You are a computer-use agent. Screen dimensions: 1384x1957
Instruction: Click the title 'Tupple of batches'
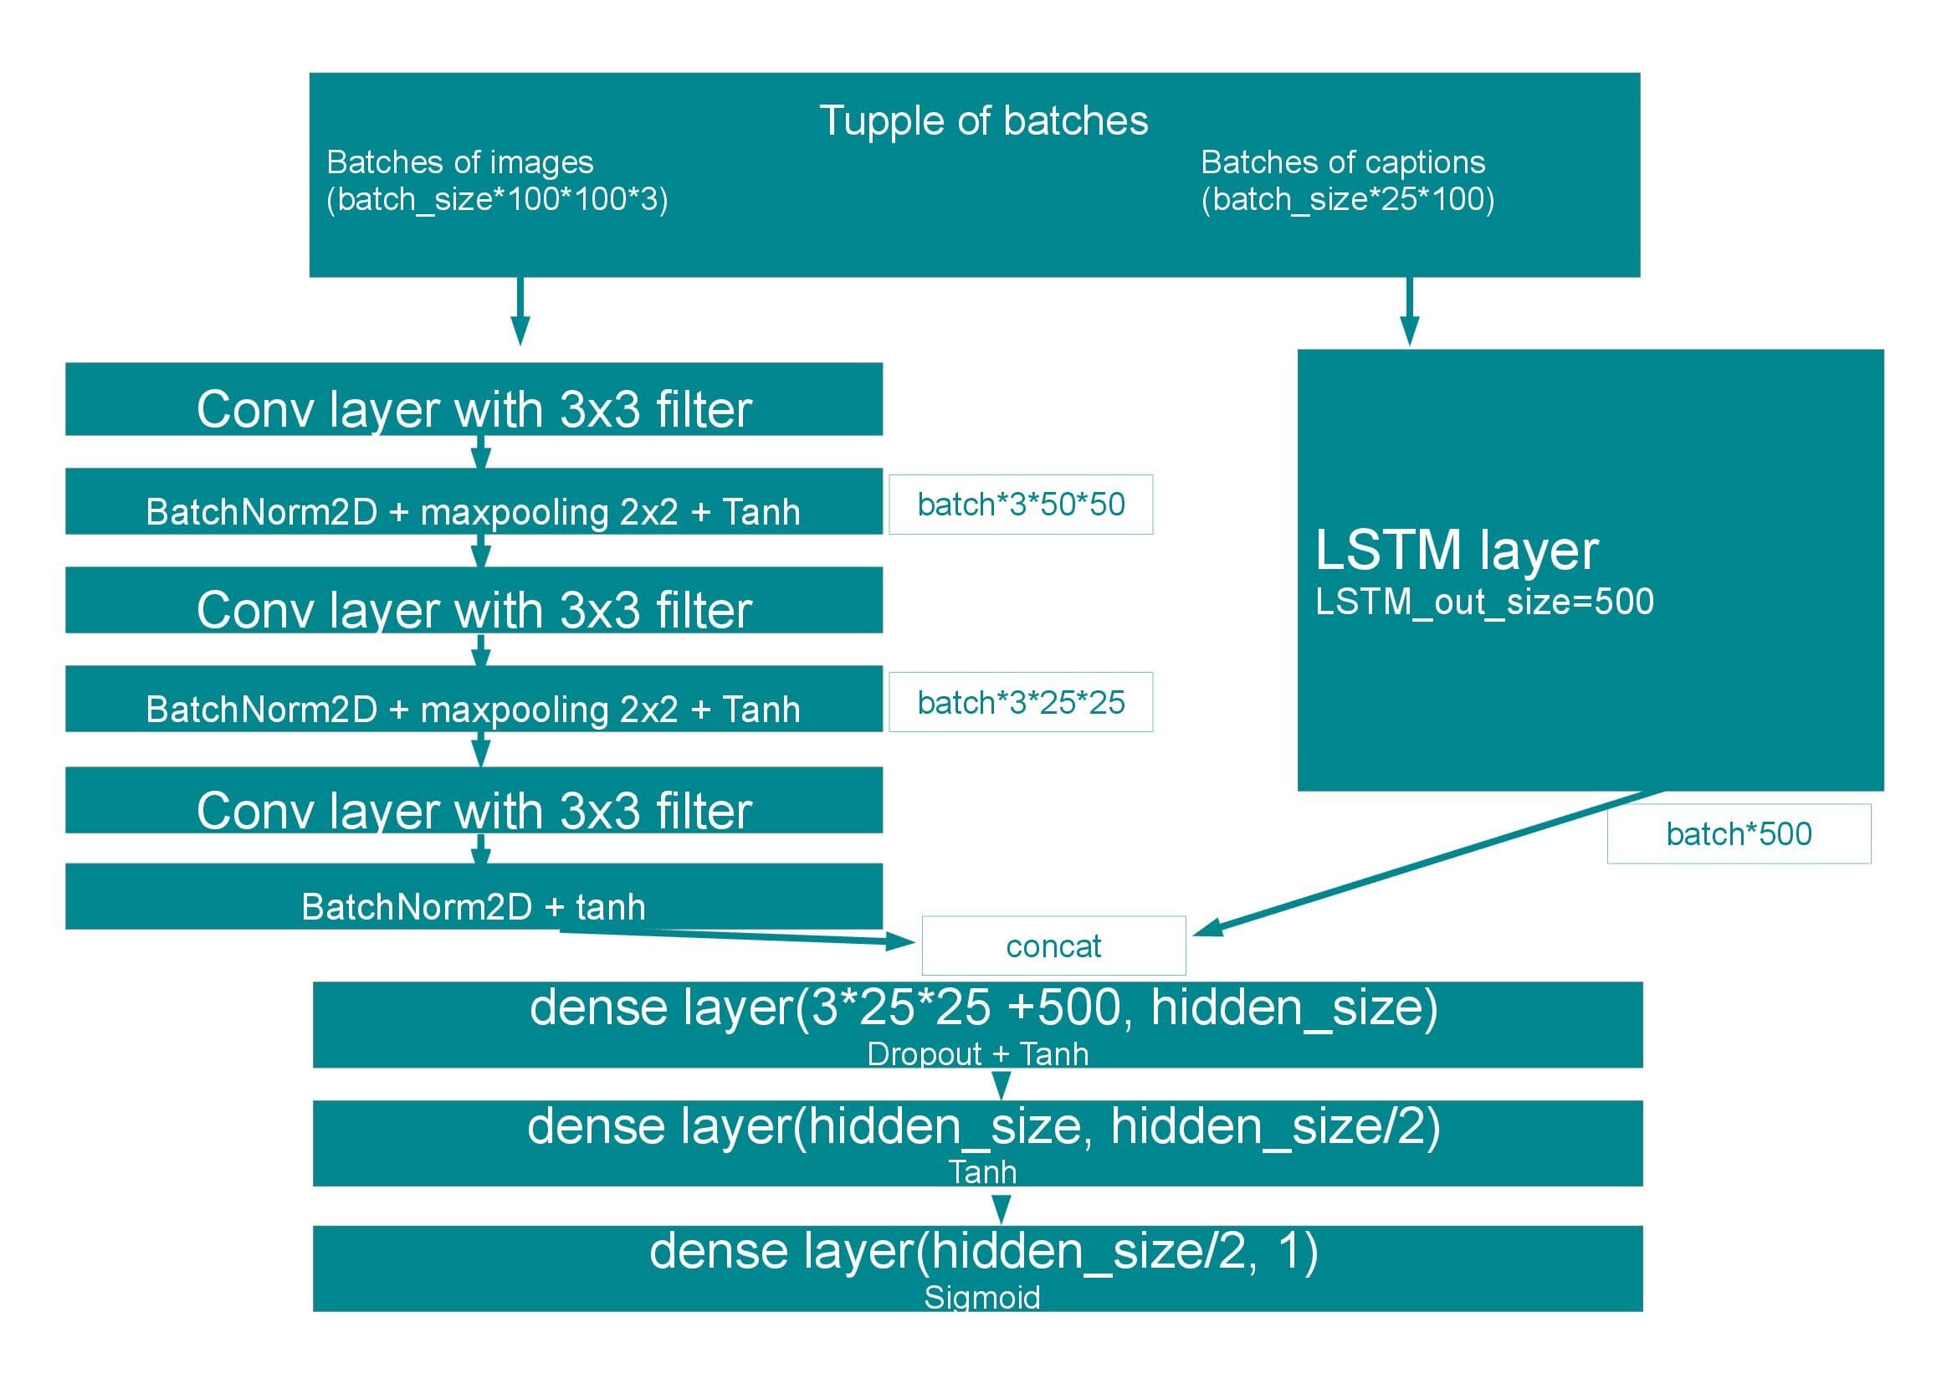pyautogui.click(x=983, y=121)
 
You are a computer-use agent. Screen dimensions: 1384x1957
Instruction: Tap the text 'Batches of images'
pyautogui.click(x=459, y=162)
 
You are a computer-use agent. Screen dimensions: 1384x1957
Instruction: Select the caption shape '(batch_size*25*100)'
pyautogui.click(x=1347, y=199)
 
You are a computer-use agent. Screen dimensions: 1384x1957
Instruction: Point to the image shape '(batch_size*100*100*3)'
pyautogui.click(x=497, y=199)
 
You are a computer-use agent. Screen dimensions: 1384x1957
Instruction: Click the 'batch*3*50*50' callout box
pyautogui.click(x=1020, y=505)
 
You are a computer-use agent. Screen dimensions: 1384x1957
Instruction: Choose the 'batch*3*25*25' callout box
pyautogui.click(x=1020, y=702)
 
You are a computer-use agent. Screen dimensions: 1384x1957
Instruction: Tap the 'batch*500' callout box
pyautogui.click(x=1738, y=833)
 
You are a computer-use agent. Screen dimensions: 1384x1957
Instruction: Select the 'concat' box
pyautogui.click(x=1053, y=946)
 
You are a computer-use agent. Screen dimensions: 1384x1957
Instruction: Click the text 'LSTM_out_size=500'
pyautogui.click(x=1484, y=602)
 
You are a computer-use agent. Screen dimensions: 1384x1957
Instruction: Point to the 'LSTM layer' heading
pyautogui.click(x=1456, y=550)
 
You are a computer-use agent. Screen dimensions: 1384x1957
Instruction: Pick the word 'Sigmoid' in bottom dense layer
pyautogui.click(x=981, y=1297)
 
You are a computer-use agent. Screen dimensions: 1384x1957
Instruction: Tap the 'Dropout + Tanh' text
pyautogui.click(x=976, y=1054)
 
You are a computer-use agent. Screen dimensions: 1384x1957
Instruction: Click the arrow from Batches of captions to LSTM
pyautogui.click(x=1409, y=311)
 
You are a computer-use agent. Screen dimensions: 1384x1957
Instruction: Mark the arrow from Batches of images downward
pyautogui.click(x=520, y=311)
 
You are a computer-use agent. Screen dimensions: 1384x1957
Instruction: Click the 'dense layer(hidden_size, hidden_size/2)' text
pyautogui.click(x=983, y=1126)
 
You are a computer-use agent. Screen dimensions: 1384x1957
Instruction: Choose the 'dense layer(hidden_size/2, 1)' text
pyautogui.click(x=983, y=1251)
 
